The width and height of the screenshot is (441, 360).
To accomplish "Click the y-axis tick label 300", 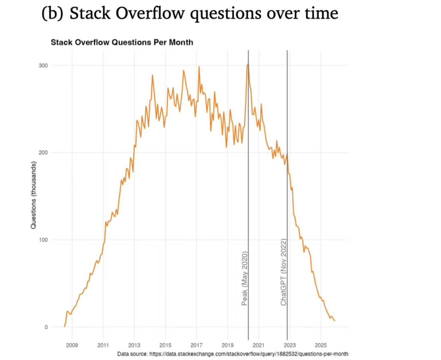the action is tap(43, 66).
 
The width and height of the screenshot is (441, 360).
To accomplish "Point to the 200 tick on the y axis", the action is tap(43, 153).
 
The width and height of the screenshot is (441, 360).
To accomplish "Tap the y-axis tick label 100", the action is tap(43, 240).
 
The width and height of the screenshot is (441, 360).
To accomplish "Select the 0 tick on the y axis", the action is tap(46, 327).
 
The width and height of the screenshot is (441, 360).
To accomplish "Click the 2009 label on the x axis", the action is tap(72, 345).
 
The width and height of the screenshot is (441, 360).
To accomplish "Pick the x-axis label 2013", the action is tap(134, 345).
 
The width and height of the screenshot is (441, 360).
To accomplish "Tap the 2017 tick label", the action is tap(196, 345).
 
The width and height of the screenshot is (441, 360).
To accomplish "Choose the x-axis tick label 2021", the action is tap(259, 345).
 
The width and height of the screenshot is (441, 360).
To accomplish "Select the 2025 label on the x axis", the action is tap(321, 345).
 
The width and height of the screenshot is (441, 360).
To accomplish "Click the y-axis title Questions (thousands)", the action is tap(33, 195).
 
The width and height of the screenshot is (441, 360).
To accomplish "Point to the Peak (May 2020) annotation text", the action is tap(245, 279).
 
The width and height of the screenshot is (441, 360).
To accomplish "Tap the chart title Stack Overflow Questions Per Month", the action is tap(122, 42).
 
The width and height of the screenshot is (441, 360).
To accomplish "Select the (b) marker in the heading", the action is tap(52, 13).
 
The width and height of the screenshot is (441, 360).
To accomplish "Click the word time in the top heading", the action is tap(322, 13).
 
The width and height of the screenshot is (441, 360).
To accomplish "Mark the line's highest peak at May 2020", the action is tap(248, 64).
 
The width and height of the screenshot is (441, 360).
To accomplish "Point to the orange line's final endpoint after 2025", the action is tap(335, 321).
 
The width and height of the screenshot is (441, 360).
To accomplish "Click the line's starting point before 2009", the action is tap(64, 327).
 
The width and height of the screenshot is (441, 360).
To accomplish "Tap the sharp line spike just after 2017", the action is tap(199, 67).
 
